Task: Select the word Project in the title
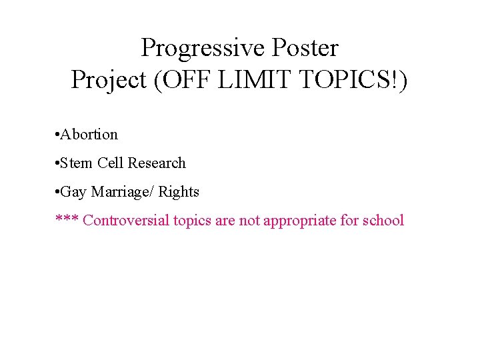(108, 80)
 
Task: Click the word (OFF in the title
(179, 80)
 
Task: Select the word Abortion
(89, 135)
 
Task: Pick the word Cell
(111, 163)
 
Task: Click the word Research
(157, 163)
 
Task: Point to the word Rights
(179, 192)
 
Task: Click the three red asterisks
(67, 221)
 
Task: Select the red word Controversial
(127, 221)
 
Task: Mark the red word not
(249, 221)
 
